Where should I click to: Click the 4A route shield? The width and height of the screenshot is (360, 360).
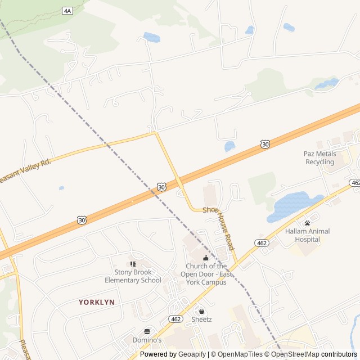pyautogui.click(x=67, y=11)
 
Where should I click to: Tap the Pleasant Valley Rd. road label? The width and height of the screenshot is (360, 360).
pyautogui.click(x=25, y=169)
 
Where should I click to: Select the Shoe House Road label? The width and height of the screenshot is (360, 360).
pyautogui.click(x=218, y=226)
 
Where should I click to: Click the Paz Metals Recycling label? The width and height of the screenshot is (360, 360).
pyautogui.click(x=320, y=158)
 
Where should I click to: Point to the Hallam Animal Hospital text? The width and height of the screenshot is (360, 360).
pyautogui.click(x=307, y=235)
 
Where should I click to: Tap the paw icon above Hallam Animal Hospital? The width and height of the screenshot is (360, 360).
pyautogui.click(x=307, y=223)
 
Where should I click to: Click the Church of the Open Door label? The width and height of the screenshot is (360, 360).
pyautogui.click(x=206, y=274)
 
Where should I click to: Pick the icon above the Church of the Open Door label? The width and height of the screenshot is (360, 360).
pyautogui.click(x=206, y=258)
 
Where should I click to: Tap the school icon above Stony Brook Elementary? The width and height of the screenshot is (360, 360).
pyautogui.click(x=133, y=263)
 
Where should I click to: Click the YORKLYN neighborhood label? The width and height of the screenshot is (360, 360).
pyautogui.click(x=97, y=302)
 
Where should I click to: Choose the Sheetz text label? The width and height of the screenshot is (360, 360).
pyautogui.click(x=201, y=319)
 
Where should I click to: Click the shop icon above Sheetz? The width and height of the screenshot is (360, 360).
pyautogui.click(x=201, y=310)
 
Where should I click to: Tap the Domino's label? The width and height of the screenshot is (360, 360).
pyautogui.click(x=147, y=340)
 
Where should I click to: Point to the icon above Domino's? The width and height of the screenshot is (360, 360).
pyautogui.click(x=147, y=331)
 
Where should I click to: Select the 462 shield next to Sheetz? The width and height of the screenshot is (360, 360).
pyautogui.click(x=175, y=319)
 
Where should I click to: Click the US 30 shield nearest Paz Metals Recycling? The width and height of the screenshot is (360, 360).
pyautogui.click(x=265, y=145)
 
